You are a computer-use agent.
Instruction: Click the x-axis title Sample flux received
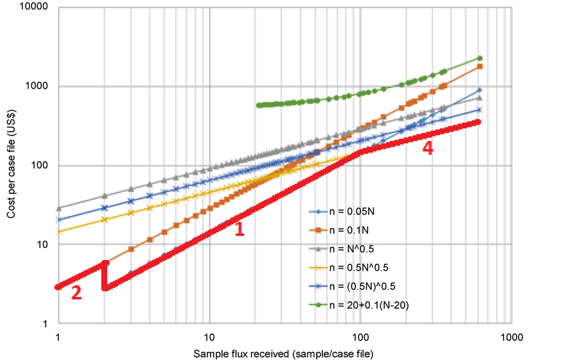(283, 352)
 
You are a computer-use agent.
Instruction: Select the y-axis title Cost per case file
(11, 166)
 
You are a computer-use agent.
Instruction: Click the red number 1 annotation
(239, 229)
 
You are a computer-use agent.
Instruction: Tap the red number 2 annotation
(76, 293)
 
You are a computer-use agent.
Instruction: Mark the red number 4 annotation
(428, 149)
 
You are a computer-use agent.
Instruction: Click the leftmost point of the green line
(259, 105)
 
